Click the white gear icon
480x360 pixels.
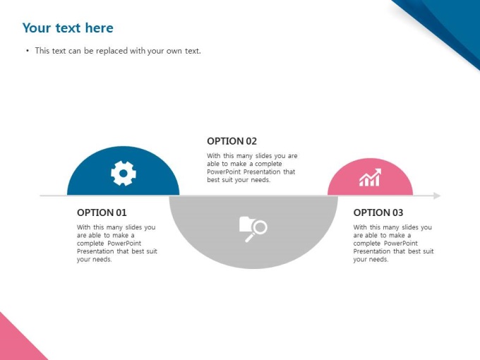coord(124,173)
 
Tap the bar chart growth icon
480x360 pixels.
coord(370,177)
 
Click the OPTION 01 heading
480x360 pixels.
coord(102,212)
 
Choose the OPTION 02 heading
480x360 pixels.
coord(232,141)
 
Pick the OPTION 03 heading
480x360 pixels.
coord(378,212)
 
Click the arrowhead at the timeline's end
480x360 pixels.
coord(438,196)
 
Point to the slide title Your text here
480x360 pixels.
coord(68,28)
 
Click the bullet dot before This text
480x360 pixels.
coord(28,51)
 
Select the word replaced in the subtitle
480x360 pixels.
coord(112,51)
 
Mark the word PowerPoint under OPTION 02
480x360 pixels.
coord(224,172)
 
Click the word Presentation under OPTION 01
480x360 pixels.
coord(95,251)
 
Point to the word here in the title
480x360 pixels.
coord(100,28)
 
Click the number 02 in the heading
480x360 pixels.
coord(251,141)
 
